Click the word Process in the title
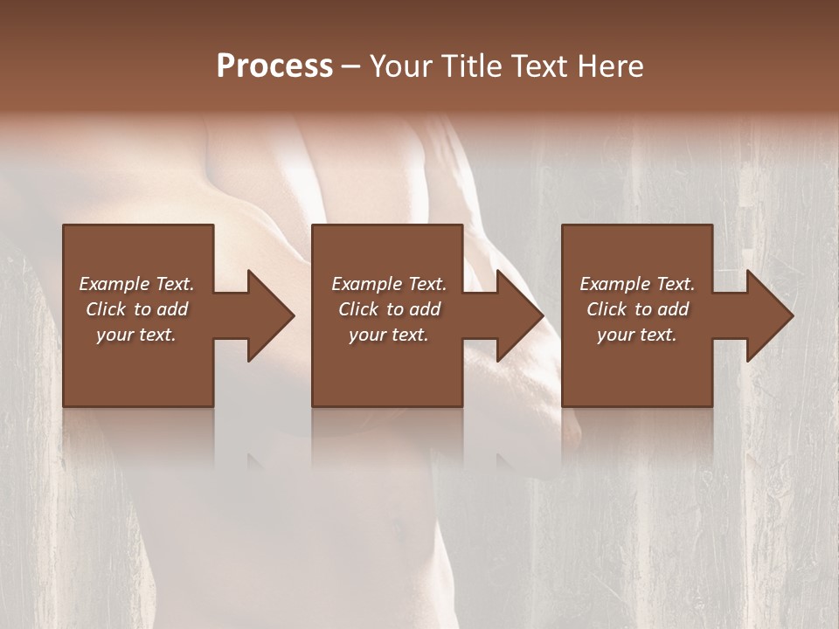coord(274,66)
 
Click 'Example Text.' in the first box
coord(136,284)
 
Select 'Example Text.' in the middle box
coord(388,284)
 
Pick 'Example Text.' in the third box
coord(637,284)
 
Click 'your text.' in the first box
coord(136,335)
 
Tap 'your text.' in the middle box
coord(388,335)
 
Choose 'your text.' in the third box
coord(637,335)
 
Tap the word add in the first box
coord(172,309)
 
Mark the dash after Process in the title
coord(351,66)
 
